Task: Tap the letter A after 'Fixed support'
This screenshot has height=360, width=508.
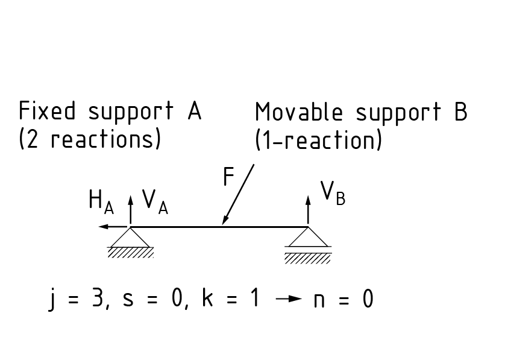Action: coord(193,112)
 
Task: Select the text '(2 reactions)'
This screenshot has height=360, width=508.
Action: coord(90,139)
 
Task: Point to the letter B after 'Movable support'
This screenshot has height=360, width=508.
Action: coord(460,113)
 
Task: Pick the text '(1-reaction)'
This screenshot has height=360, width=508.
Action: coord(318,141)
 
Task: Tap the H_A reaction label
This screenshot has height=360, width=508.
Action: coord(100,202)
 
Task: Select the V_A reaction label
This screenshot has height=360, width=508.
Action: coord(154,202)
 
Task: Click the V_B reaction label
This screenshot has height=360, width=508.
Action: coord(333,193)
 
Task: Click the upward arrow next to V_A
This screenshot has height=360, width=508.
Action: coord(130,208)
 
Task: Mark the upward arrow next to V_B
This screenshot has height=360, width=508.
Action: coord(309,208)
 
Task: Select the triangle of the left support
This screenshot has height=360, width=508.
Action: coord(130,238)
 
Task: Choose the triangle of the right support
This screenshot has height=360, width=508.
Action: coord(309,238)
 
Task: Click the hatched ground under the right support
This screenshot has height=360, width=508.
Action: coord(308,258)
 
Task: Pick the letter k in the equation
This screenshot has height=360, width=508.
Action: coord(208,298)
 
